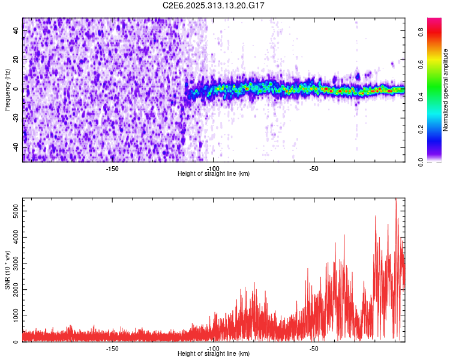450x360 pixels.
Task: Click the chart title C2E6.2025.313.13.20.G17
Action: click(x=214, y=5)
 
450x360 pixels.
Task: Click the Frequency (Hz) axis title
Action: click(x=7, y=89)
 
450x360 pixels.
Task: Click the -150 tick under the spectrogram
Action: click(x=112, y=168)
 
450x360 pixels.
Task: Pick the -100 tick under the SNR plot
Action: click(x=213, y=348)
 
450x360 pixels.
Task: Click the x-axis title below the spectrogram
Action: click(x=214, y=173)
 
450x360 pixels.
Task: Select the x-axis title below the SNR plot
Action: click(x=214, y=353)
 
